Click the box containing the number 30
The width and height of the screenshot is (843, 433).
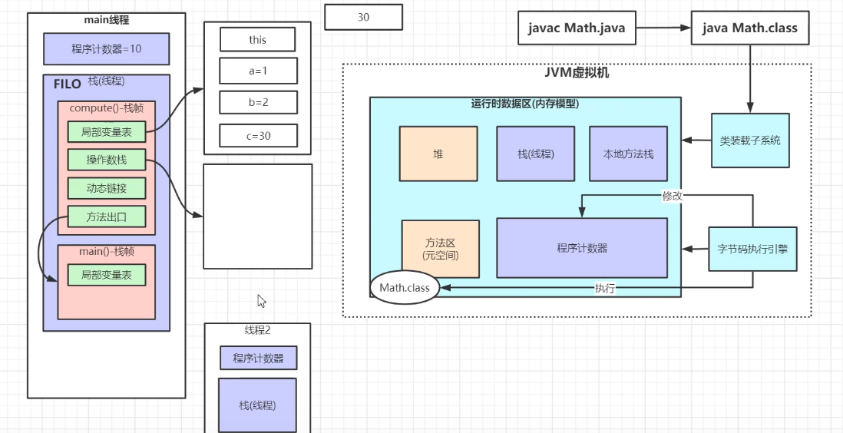click(363, 17)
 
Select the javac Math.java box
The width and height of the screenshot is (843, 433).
click(577, 28)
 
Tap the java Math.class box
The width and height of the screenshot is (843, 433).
click(750, 28)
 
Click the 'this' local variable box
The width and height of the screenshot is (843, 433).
click(257, 39)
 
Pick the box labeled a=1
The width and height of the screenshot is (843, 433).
click(257, 71)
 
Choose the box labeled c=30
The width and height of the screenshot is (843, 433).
click(257, 135)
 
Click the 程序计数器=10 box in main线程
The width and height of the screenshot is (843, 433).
click(107, 48)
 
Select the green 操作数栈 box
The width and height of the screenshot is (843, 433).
click(106, 160)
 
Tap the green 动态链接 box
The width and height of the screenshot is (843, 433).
click(106, 188)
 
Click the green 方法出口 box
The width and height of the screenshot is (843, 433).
click(106, 216)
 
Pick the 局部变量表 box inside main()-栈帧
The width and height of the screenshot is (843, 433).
click(106, 274)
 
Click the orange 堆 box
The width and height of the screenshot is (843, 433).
click(438, 154)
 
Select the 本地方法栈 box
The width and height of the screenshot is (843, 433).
click(628, 154)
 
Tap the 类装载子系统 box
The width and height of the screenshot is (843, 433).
click(749, 140)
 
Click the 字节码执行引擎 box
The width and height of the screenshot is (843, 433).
click(752, 249)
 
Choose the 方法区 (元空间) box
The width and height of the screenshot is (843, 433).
click(441, 249)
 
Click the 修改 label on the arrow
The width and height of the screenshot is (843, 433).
click(672, 196)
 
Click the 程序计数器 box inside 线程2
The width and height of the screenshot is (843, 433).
click(258, 358)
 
